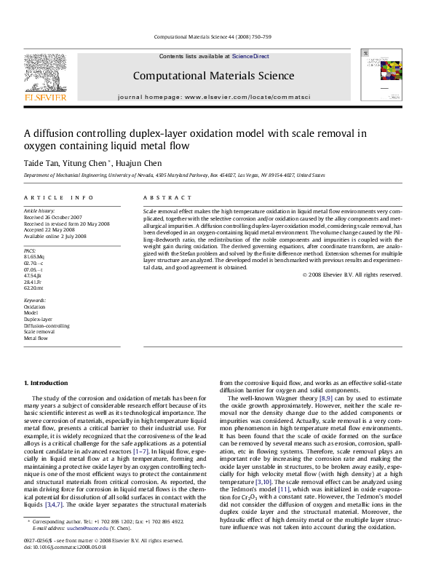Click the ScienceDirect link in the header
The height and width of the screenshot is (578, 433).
tap(250, 56)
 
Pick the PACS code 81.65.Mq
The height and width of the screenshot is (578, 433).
tap(34, 257)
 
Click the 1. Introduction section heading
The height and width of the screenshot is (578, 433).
tap(47, 383)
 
